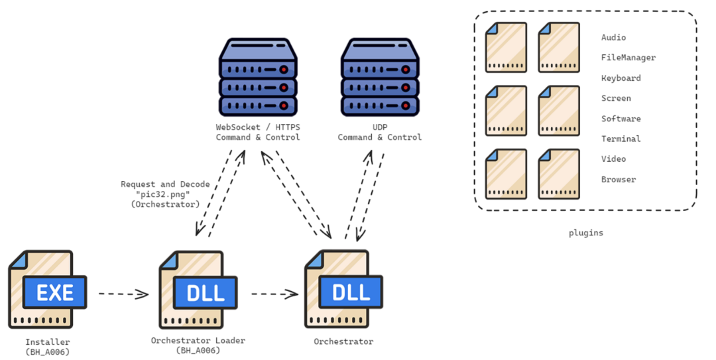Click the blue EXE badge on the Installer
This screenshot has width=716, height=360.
tap(54, 292)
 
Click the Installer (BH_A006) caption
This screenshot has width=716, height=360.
tap(48, 347)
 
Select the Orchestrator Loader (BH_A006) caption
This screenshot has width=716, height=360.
tap(198, 345)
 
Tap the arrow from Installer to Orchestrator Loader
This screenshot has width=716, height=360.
tap(124, 294)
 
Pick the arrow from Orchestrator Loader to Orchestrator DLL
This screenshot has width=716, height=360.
tap(275, 294)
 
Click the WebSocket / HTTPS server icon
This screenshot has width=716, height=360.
tap(258, 77)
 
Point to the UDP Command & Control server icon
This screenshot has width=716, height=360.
tap(380, 77)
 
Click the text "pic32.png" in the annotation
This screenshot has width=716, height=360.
tap(165, 194)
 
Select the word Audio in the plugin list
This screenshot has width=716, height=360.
tap(613, 38)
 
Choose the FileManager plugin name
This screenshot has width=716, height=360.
tap(628, 58)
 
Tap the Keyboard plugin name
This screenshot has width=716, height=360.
tap(621, 78)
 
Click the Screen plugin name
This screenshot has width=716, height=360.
tap(616, 98)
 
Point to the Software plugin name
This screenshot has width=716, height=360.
tap(621, 118)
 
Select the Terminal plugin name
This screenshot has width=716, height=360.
tap(621, 139)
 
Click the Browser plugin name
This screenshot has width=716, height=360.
tap(619, 179)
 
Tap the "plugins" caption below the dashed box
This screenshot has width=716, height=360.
tap(586, 233)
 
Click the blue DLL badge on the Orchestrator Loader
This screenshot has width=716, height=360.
tap(206, 292)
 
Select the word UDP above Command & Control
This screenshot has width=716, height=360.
tap(380, 127)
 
